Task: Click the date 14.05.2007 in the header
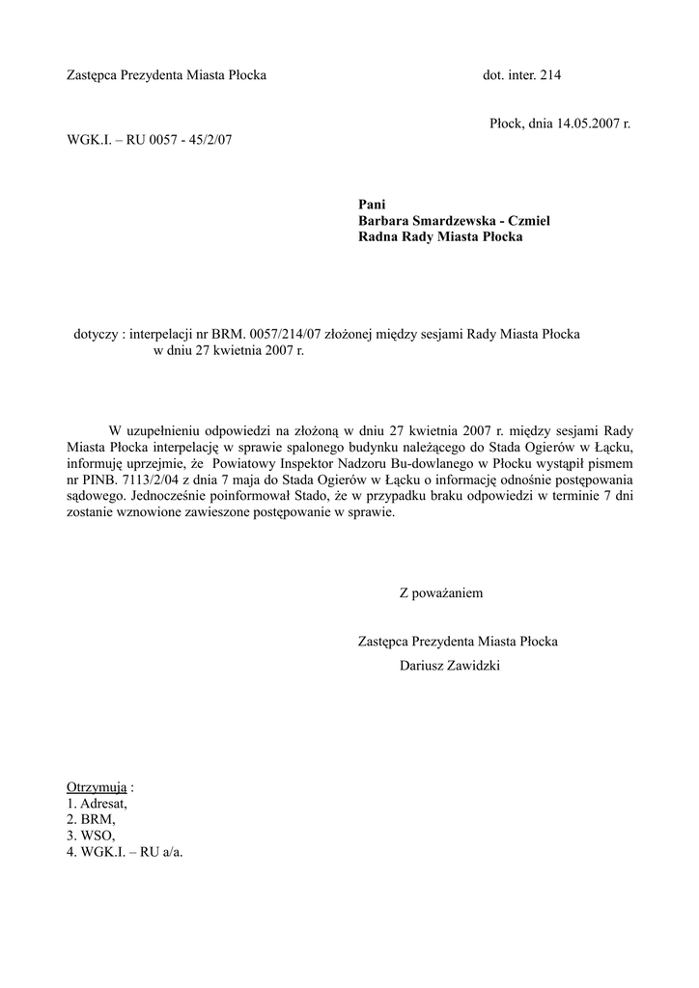587,124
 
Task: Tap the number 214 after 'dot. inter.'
549,74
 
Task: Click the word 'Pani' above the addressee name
372,204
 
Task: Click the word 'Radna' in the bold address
378,236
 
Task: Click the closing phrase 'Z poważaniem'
440,592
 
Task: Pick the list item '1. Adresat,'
97,803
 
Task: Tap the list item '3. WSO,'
91,836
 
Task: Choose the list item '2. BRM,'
92,819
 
